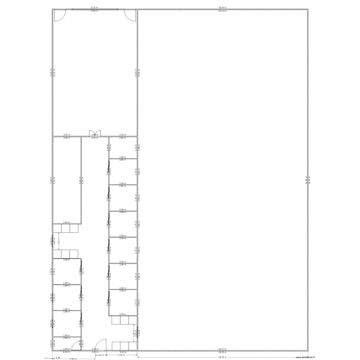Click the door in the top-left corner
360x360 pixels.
tap(58, 15)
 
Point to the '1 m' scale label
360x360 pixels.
tap(57, 358)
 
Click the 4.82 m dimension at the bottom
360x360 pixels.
tap(73, 359)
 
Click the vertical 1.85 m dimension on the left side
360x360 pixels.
tap(59, 242)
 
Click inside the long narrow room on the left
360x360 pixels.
tap(66, 180)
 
